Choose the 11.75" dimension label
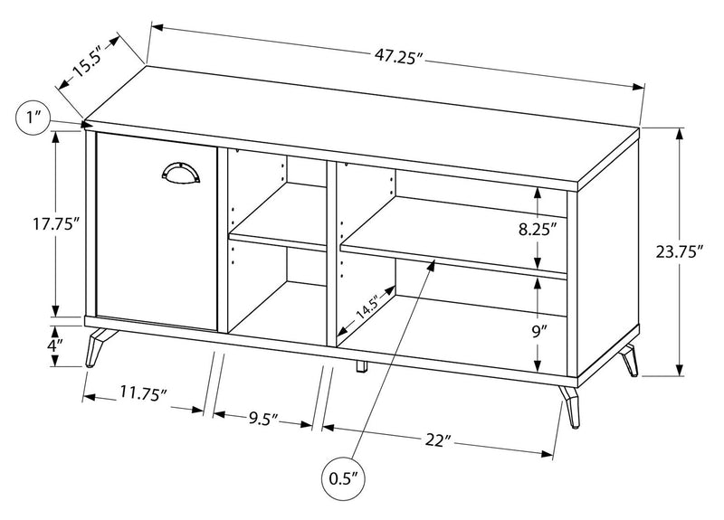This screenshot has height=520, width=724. (x=143, y=394)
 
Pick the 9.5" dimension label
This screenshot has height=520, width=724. (x=262, y=418)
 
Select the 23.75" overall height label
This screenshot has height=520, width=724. (x=680, y=253)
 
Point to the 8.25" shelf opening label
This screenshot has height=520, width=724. (x=537, y=229)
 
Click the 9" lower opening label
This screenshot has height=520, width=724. (x=539, y=331)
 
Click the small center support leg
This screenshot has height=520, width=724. (x=360, y=366)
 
